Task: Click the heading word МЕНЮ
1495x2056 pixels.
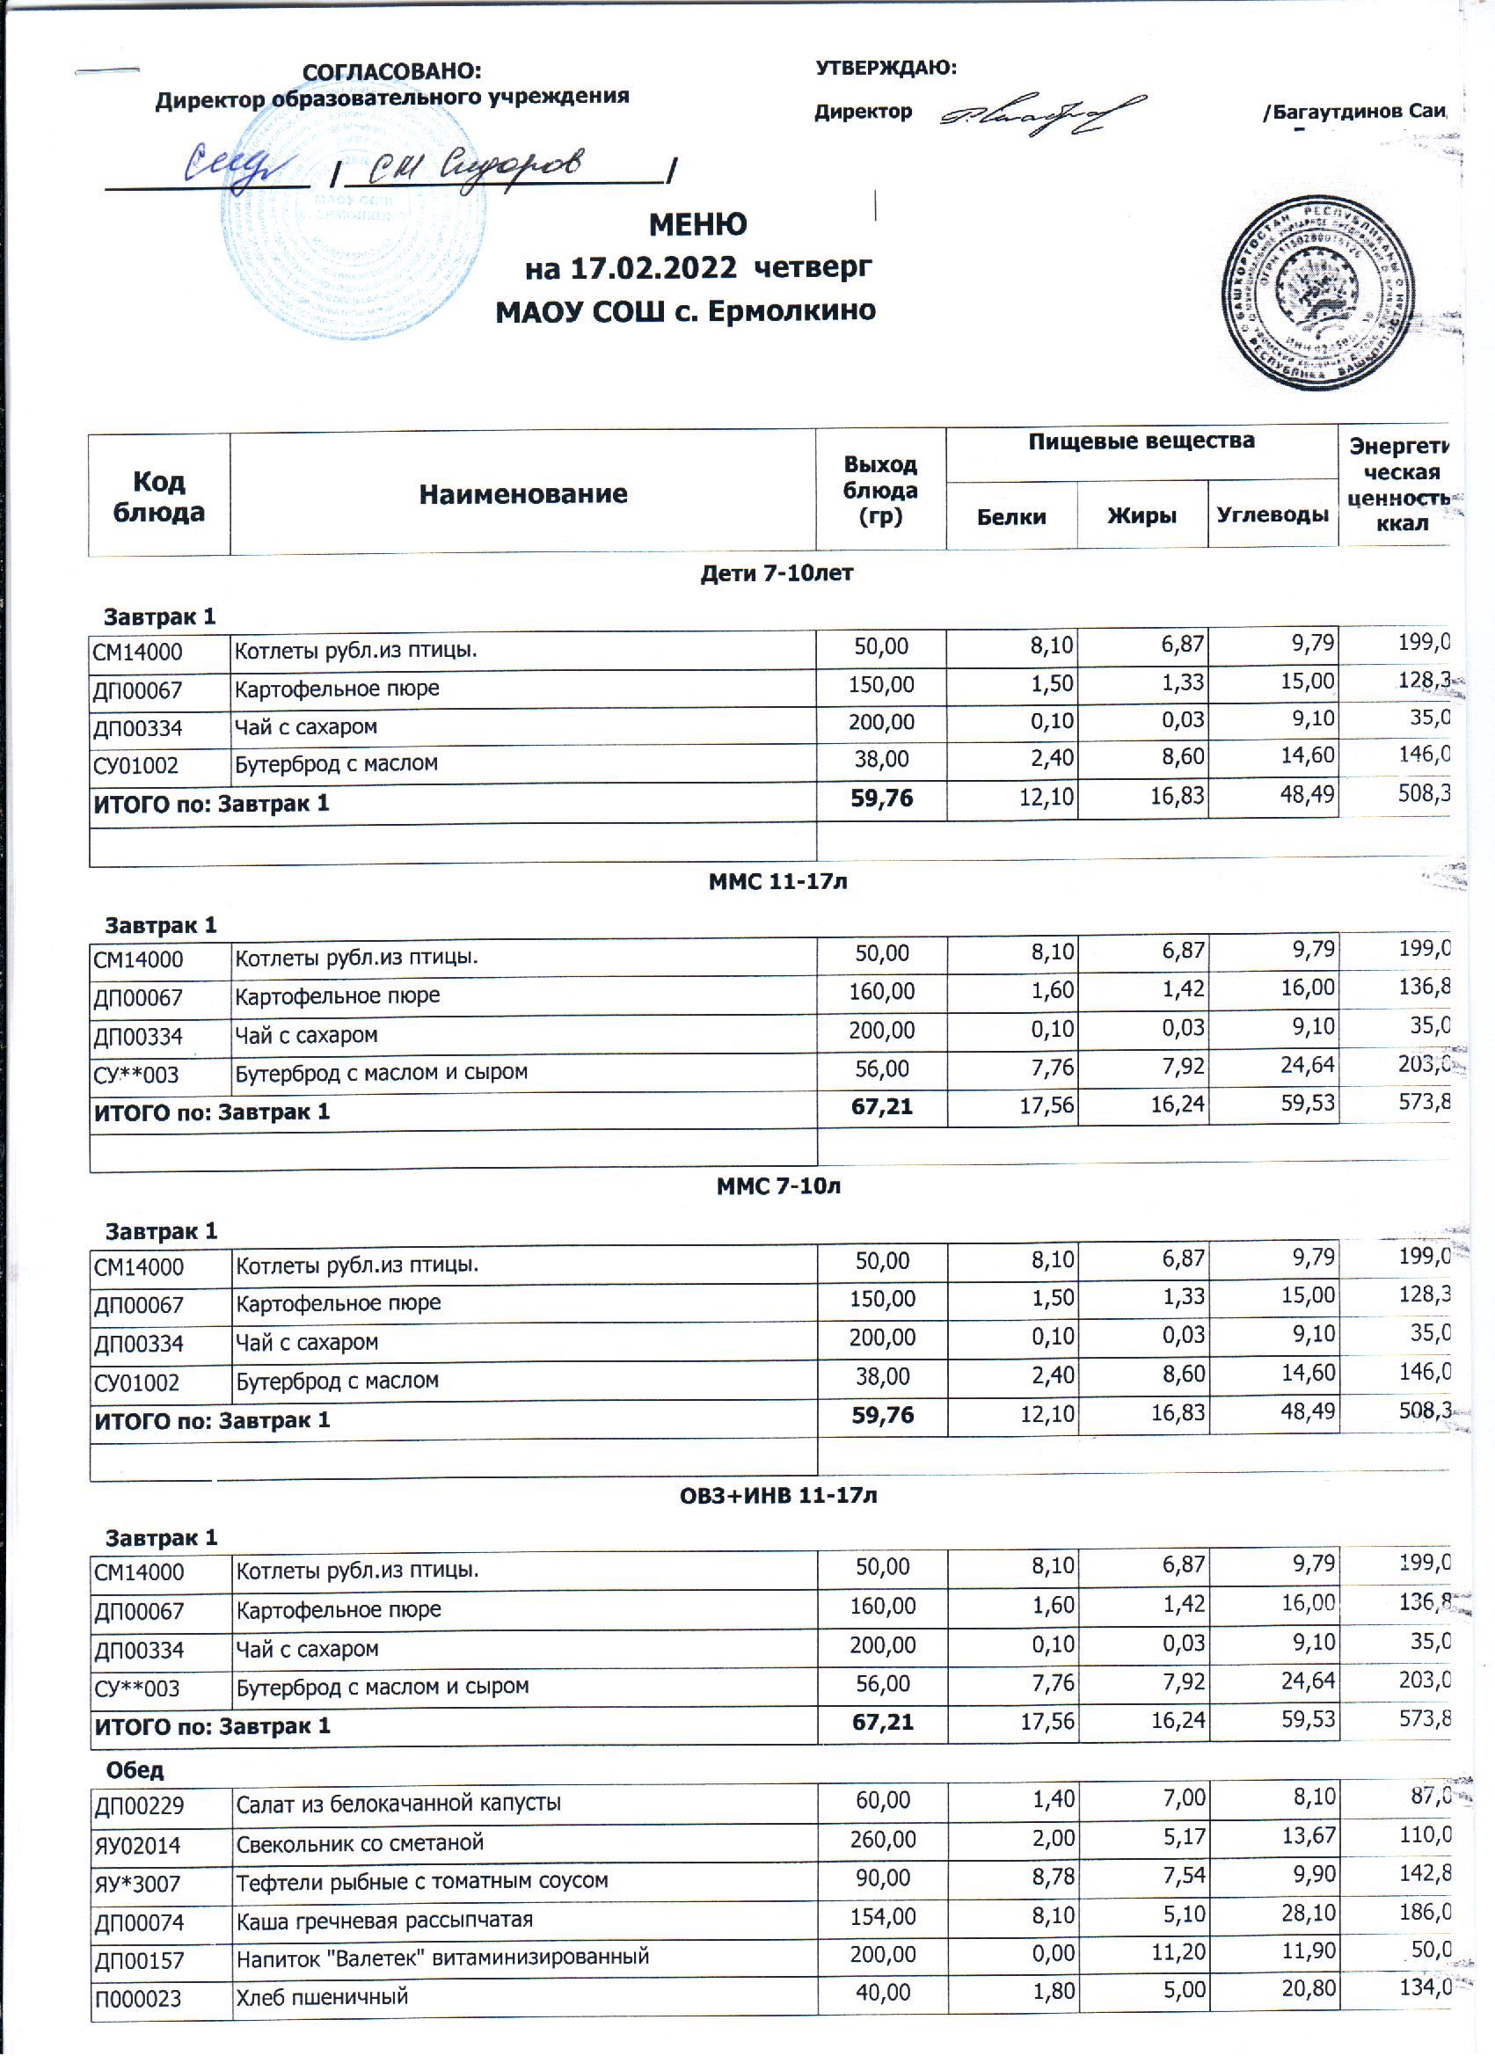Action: pyautogui.click(x=697, y=224)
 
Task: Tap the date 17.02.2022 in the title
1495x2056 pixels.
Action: pyautogui.click(x=653, y=268)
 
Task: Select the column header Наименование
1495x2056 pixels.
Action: pyautogui.click(x=522, y=494)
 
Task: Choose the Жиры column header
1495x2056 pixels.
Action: pyautogui.click(x=1141, y=517)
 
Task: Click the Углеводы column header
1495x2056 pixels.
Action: pyautogui.click(x=1272, y=515)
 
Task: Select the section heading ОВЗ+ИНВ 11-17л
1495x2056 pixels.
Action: pyautogui.click(x=778, y=1495)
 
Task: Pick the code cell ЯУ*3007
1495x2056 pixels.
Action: pyautogui.click(x=137, y=1885)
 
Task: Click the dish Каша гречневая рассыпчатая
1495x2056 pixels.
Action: pyautogui.click(x=384, y=1920)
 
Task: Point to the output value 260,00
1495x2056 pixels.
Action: pyautogui.click(x=882, y=1841)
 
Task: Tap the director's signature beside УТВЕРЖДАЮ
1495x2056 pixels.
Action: pyautogui.click(x=1043, y=113)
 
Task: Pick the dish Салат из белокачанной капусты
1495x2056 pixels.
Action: pyautogui.click(x=398, y=1803)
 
